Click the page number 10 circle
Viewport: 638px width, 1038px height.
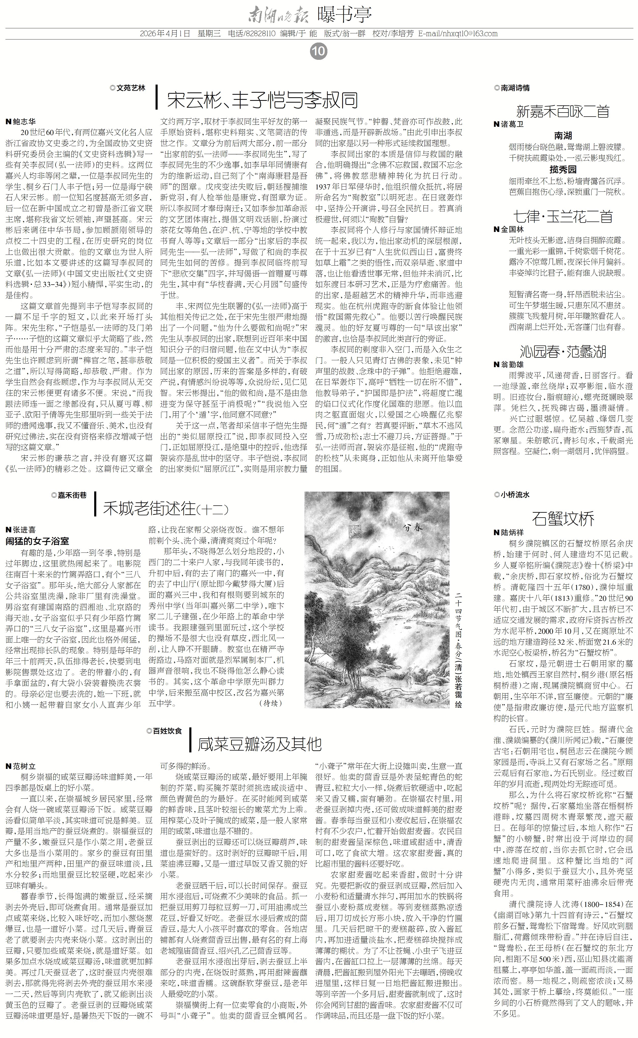[318, 51]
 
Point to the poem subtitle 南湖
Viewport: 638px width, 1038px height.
[563, 136]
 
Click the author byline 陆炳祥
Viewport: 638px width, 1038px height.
[508, 533]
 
